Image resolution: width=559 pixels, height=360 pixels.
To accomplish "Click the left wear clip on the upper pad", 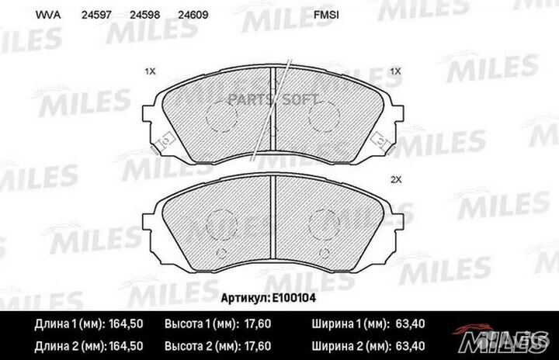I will point(164,142).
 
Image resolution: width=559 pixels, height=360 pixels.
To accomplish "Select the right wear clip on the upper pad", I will point(381,140).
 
